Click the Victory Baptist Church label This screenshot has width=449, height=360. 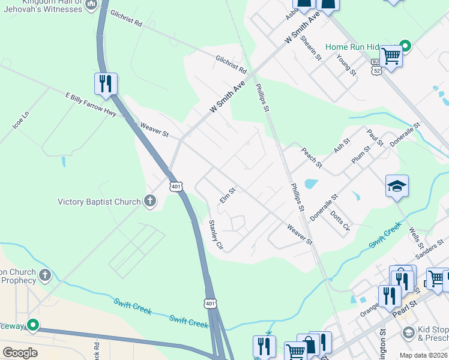(x=99, y=202)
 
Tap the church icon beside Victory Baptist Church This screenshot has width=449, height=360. (x=149, y=202)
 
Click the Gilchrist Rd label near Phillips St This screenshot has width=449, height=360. (x=231, y=64)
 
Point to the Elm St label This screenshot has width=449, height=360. (x=227, y=196)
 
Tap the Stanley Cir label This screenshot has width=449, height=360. (x=215, y=235)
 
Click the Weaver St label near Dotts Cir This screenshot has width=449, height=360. (x=300, y=235)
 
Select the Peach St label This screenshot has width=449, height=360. (x=312, y=158)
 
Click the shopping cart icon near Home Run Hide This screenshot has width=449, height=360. (x=391, y=56)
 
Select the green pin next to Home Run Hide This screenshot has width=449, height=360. (x=405, y=46)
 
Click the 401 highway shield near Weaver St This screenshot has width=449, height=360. (x=175, y=187)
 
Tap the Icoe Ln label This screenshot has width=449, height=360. (x=20, y=121)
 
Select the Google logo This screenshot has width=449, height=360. (x=20, y=352)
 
